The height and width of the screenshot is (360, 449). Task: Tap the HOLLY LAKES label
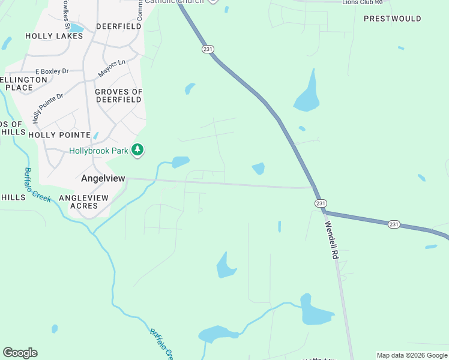[54, 36]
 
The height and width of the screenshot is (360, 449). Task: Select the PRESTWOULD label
[393, 19]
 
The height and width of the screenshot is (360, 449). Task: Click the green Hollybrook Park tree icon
[138, 151]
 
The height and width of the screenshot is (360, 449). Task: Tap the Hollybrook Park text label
[98, 151]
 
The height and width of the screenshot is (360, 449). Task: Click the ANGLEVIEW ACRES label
[84, 202]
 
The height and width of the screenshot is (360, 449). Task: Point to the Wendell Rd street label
[332, 241]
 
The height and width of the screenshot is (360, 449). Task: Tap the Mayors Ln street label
[112, 68]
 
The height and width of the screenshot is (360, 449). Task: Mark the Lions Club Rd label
[362, 2]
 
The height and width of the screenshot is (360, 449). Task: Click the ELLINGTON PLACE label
[23, 83]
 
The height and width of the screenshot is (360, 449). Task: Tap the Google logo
[20, 353]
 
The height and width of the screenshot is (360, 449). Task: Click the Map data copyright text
[411, 355]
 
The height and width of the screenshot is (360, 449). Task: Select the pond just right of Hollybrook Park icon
[181, 161]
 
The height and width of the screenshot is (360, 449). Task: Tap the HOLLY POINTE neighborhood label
[59, 135]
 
